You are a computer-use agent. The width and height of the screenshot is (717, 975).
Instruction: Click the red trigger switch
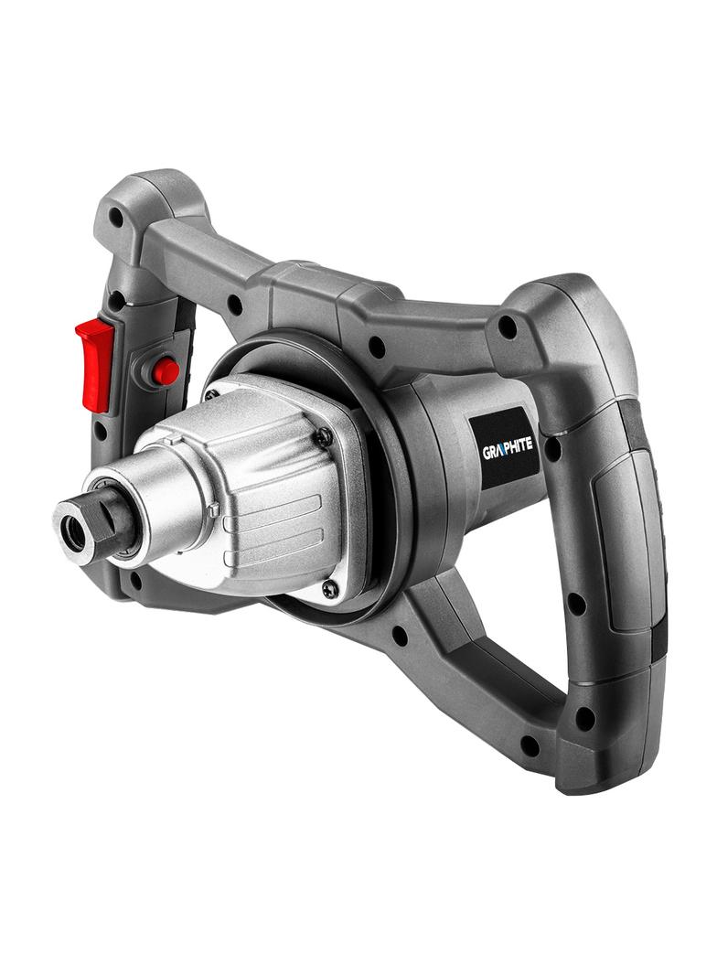point(95,361)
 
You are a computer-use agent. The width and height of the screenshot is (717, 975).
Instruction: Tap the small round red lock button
point(166,370)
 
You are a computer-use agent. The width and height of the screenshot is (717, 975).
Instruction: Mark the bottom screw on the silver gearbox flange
point(330,589)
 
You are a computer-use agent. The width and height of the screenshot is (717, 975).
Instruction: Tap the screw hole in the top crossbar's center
point(376,346)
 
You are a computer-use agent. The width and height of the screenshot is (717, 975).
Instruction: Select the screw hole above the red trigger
point(116,218)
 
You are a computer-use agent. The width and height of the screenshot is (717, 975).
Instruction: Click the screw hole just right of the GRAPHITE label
point(553,449)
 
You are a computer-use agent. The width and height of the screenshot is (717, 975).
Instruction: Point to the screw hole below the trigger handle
point(135,579)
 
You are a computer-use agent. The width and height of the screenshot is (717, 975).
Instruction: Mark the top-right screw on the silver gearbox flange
point(324,437)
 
